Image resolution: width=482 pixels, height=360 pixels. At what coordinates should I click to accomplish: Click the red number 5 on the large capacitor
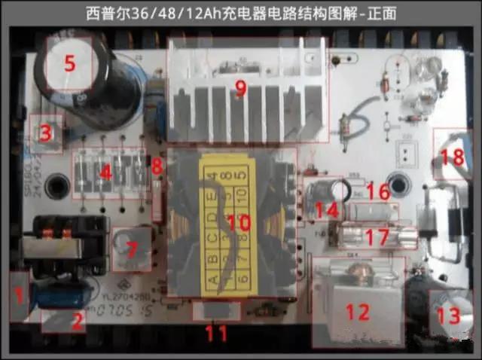[69, 63]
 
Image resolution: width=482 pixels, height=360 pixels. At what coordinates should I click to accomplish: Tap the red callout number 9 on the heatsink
[240, 88]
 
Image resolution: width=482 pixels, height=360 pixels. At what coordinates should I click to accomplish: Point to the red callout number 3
[45, 135]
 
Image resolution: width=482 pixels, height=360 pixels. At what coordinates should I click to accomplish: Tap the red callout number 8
[157, 166]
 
